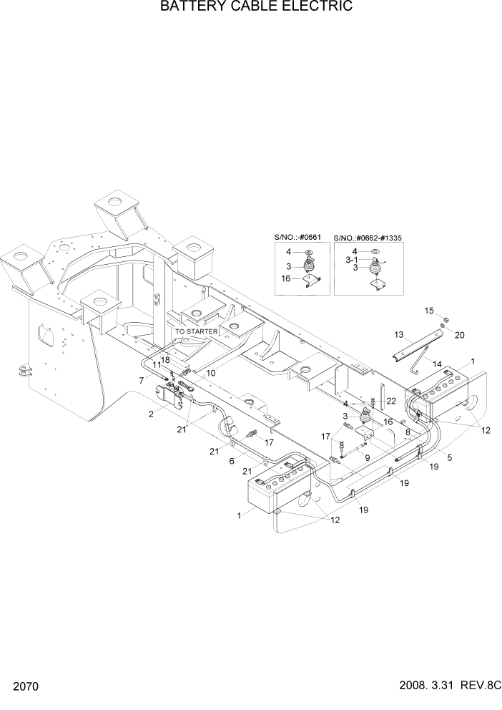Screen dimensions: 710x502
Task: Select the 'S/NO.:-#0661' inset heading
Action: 298,237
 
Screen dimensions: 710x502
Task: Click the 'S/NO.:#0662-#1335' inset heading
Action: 370,237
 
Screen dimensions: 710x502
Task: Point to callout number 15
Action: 429,311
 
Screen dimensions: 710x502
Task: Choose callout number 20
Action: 459,335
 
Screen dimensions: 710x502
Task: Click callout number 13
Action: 399,334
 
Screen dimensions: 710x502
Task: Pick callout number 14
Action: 436,364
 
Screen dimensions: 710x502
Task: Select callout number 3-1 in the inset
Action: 352,260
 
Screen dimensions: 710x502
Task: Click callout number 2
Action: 152,414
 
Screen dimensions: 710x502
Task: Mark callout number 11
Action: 156,366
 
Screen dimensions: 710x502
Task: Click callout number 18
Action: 165,359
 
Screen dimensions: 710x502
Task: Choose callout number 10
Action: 211,373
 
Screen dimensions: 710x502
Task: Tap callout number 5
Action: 450,457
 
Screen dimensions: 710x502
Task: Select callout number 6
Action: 231,462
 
